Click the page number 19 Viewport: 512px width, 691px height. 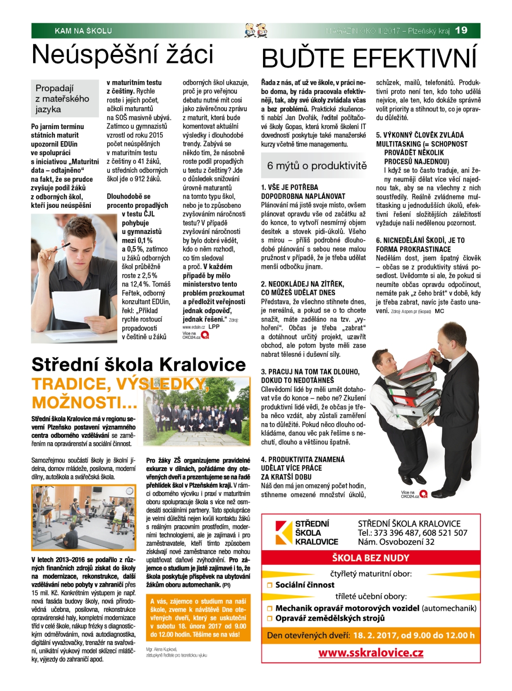click(x=461, y=30)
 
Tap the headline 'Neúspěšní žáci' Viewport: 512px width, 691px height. click(x=122, y=55)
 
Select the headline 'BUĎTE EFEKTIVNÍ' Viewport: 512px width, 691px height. click(x=369, y=59)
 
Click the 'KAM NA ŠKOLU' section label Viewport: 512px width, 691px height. click(x=83, y=31)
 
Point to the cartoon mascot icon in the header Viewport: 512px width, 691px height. click(x=256, y=30)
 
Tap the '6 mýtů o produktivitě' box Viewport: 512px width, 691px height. click(x=317, y=165)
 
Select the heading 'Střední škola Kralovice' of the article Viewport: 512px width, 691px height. click(x=138, y=364)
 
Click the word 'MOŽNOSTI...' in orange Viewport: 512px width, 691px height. click(x=84, y=402)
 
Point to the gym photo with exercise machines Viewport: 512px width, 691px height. click(x=84, y=517)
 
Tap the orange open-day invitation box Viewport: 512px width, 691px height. click(x=198, y=617)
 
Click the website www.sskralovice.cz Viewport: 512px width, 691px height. click(x=371, y=652)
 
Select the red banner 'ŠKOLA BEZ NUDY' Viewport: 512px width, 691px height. click(x=371, y=558)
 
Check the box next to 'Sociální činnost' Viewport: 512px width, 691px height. click(x=269, y=585)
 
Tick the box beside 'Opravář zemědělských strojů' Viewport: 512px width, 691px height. click(x=269, y=619)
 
